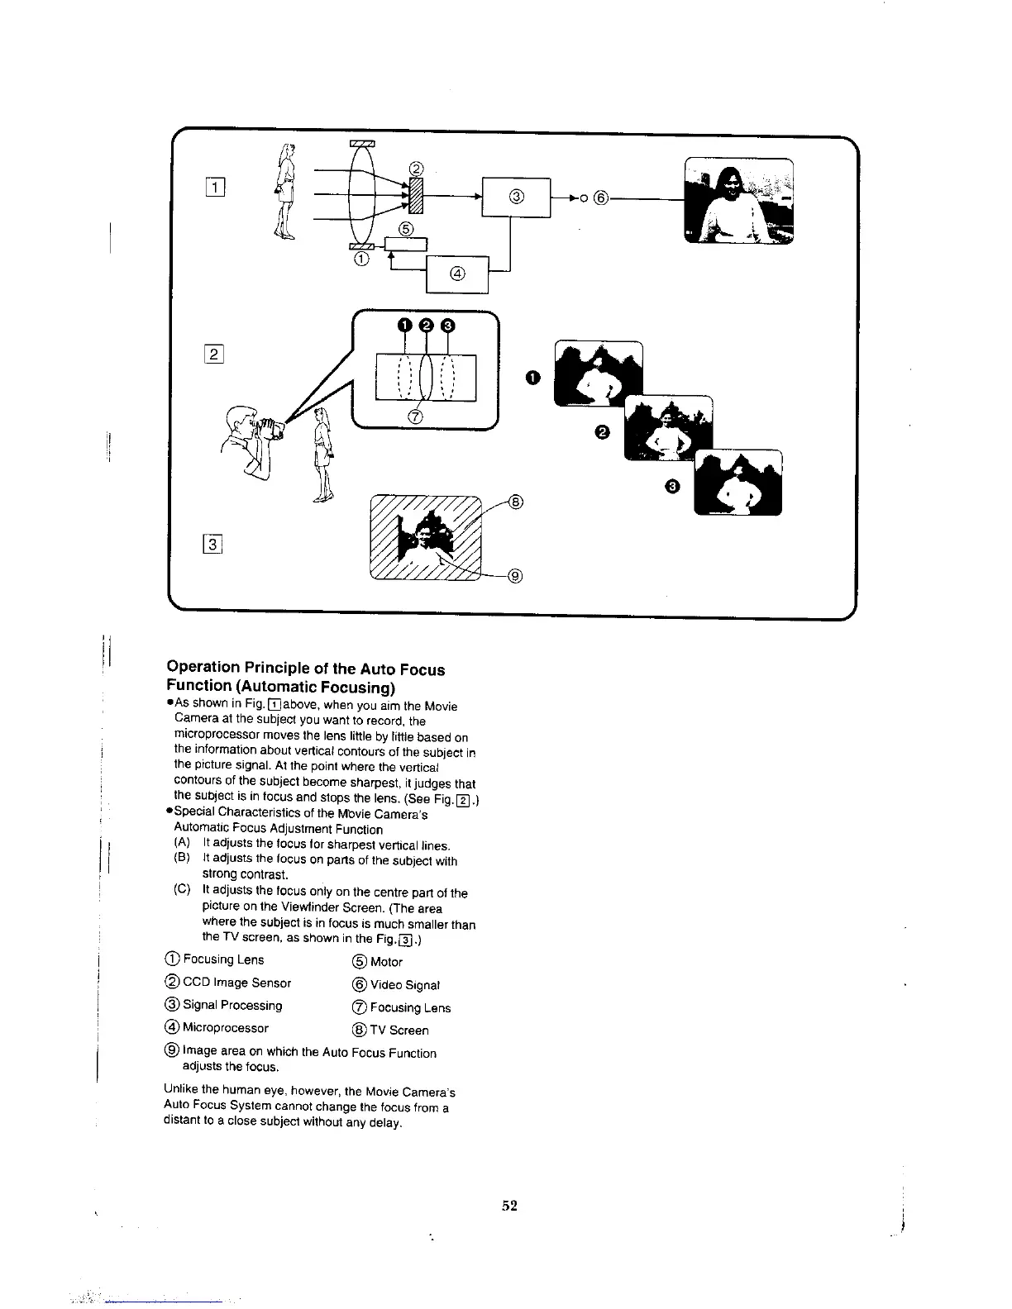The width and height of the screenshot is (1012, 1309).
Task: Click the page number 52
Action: (x=509, y=1206)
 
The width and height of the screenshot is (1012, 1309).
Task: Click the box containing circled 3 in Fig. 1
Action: (x=516, y=197)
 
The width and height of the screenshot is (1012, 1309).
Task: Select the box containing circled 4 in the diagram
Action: (x=457, y=274)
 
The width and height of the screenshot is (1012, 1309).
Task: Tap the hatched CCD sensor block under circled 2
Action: (x=416, y=197)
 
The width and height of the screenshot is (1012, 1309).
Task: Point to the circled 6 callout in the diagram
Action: (x=601, y=198)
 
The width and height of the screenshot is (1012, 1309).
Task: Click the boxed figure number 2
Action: (x=213, y=355)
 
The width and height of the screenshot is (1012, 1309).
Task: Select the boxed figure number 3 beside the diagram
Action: (x=213, y=543)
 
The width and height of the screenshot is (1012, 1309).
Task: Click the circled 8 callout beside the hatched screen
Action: (x=515, y=501)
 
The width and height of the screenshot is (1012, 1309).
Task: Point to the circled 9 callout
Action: (x=514, y=576)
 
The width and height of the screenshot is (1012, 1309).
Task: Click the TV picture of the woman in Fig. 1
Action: (x=738, y=201)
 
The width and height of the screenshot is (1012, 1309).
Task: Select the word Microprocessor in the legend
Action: (x=225, y=1028)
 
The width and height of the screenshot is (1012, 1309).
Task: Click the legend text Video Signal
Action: (x=404, y=985)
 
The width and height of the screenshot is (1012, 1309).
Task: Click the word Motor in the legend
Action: (x=386, y=962)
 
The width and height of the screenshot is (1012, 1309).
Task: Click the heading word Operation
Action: (x=202, y=667)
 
